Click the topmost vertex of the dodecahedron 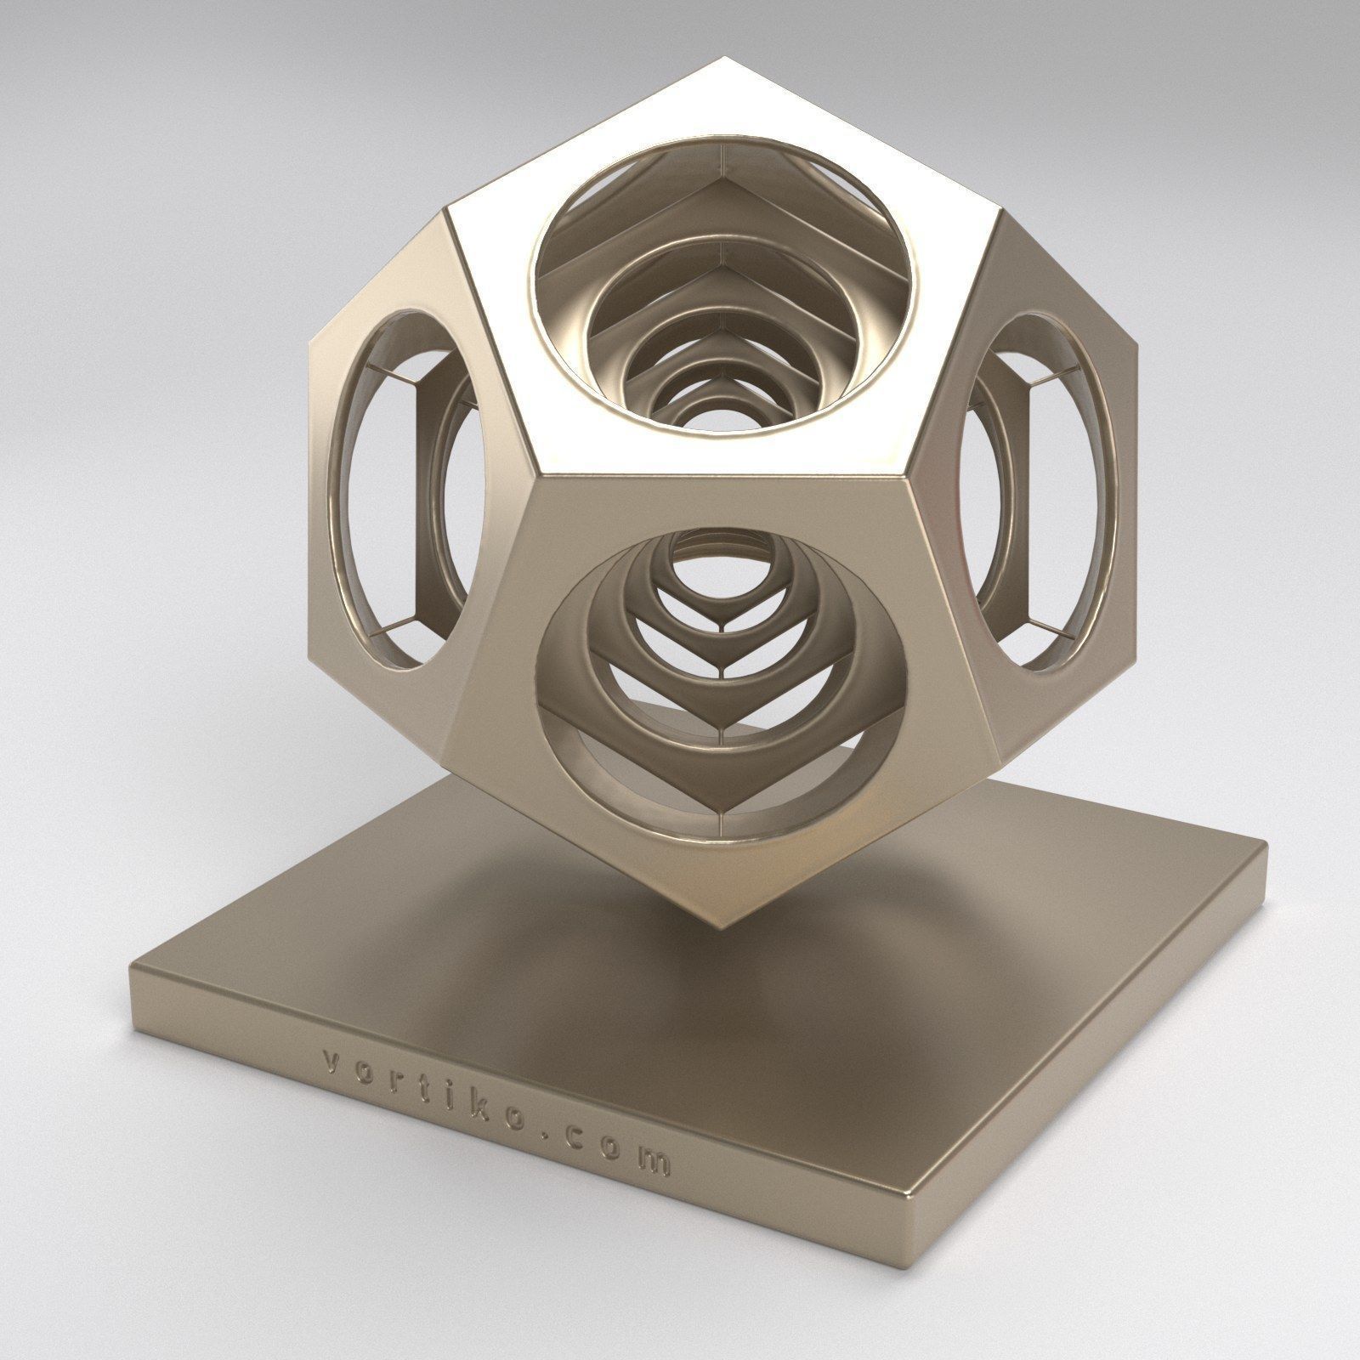pos(723,58)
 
